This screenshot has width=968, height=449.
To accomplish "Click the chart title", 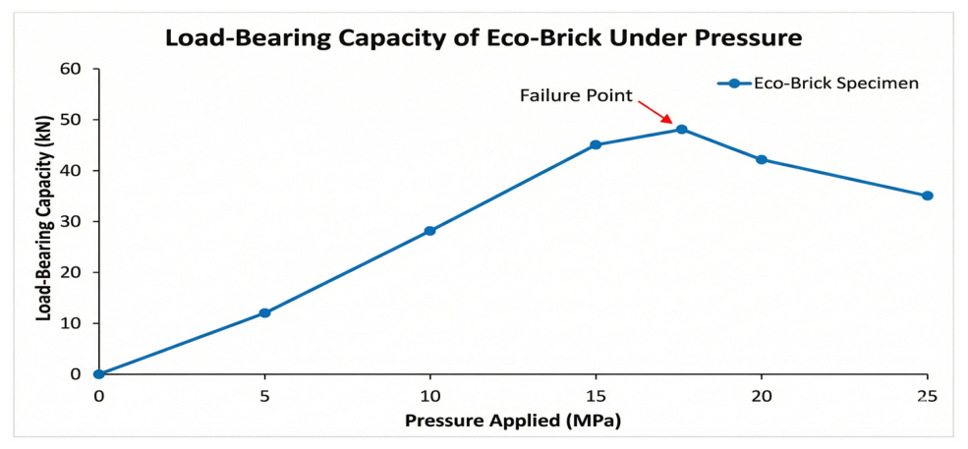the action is [484, 38].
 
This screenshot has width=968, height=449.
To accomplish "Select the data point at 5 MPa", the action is [264, 313].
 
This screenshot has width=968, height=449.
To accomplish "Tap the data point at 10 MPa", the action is [429, 231].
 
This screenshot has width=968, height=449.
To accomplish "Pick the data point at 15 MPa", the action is [596, 144].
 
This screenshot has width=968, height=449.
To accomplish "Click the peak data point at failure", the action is [682, 129].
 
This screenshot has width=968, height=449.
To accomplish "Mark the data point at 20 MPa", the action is [762, 159].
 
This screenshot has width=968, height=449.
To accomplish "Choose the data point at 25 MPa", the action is [928, 196].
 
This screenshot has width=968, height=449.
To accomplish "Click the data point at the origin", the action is [99, 373].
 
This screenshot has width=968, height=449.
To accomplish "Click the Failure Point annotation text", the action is [577, 95].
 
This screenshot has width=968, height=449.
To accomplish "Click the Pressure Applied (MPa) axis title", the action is [512, 421].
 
